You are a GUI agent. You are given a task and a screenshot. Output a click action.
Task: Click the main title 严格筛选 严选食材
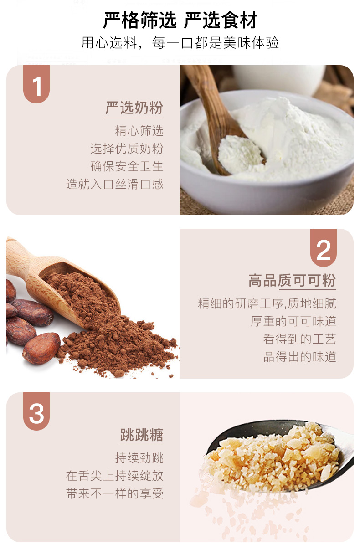(x=180, y=20)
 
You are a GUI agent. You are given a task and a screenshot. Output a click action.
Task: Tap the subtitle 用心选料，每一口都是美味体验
(x=180, y=43)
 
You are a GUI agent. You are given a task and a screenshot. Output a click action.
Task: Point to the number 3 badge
(x=36, y=413)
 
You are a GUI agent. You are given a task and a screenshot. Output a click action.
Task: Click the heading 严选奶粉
(x=134, y=108)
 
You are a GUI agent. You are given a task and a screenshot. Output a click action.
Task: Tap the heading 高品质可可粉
(x=292, y=281)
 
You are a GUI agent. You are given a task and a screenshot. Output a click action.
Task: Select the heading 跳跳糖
(x=141, y=435)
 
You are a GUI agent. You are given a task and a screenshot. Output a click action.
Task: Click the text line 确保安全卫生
(x=127, y=166)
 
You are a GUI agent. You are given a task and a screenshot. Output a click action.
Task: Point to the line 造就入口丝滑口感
(x=114, y=184)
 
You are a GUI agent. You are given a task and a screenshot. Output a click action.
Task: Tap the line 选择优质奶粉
(x=127, y=149)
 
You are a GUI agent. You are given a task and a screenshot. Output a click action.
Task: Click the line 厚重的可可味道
(x=293, y=321)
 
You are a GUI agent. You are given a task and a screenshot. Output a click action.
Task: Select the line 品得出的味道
(x=299, y=357)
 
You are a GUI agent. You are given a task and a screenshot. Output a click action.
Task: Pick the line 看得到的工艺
(x=299, y=339)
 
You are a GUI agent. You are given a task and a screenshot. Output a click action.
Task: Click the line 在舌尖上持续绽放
(x=114, y=476)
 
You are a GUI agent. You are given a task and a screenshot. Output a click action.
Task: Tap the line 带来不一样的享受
(x=114, y=493)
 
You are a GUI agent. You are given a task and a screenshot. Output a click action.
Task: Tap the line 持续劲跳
(x=139, y=458)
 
